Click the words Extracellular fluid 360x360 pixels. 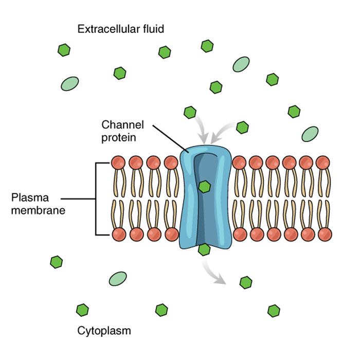(120, 29)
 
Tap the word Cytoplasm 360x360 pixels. (104, 330)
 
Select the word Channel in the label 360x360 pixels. (122, 125)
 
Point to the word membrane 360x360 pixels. (38, 209)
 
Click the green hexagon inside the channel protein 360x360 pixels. (204, 186)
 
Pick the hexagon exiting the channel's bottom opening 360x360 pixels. (204, 250)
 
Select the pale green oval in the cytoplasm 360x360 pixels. (118, 279)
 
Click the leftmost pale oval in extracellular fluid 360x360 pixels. (70, 84)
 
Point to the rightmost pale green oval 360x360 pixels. (310, 134)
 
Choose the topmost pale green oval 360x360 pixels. (241, 64)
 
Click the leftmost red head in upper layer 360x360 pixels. (118, 163)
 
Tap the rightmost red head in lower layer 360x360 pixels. (325, 235)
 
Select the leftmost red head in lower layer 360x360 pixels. (118, 235)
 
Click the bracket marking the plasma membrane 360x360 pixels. (97, 199)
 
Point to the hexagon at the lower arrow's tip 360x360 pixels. (246, 282)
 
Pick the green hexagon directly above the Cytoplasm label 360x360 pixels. (82, 310)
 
